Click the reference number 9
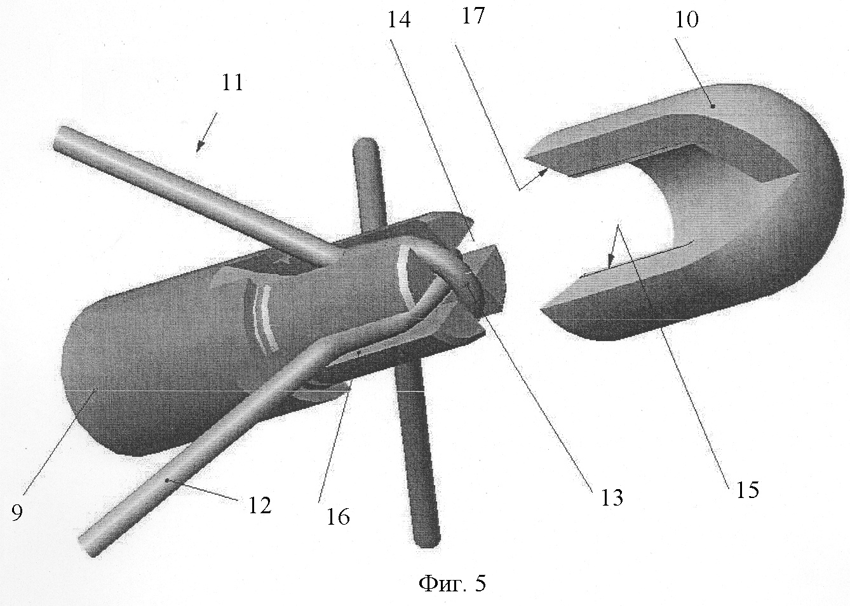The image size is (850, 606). pyautogui.click(x=17, y=512)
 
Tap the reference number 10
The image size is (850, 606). pyautogui.click(x=687, y=20)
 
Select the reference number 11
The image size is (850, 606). pyautogui.click(x=233, y=83)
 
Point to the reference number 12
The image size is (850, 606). pyautogui.click(x=260, y=506)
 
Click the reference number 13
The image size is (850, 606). pyautogui.click(x=612, y=497)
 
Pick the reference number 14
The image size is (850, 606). pyautogui.click(x=399, y=20)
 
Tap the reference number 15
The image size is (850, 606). pyautogui.click(x=748, y=490)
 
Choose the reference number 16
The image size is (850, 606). pyautogui.click(x=338, y=516)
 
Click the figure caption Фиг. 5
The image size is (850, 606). pyautogui.click(x=452, y=583)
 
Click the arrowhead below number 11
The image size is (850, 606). pyautogui.click(x=200, y=147)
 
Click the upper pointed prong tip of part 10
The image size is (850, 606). pyautogui.click(x=525, y=157)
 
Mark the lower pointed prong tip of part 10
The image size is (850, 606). pyautogui.click(x=542, y=310)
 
